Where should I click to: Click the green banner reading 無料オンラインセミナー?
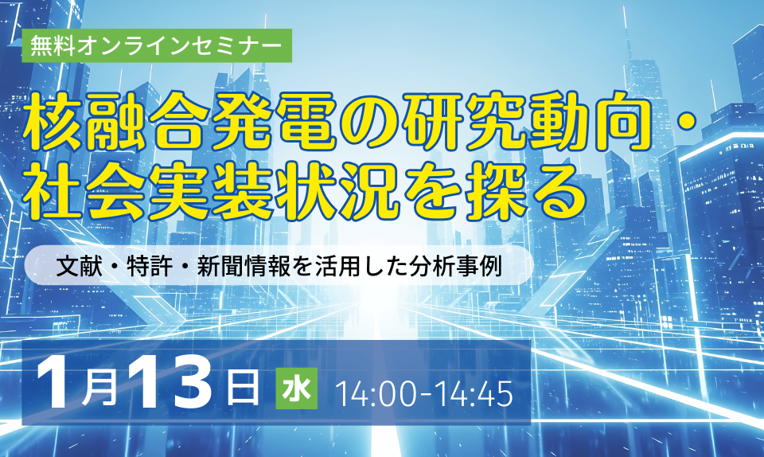click(157, 45)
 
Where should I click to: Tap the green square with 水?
click(296, 389)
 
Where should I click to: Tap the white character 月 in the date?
click(99, 390)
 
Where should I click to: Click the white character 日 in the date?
click(243, 389)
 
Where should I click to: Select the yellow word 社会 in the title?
click(85, 191)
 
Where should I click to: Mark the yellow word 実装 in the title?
click(210, 191)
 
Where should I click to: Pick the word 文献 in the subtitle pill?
click(79, 266)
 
